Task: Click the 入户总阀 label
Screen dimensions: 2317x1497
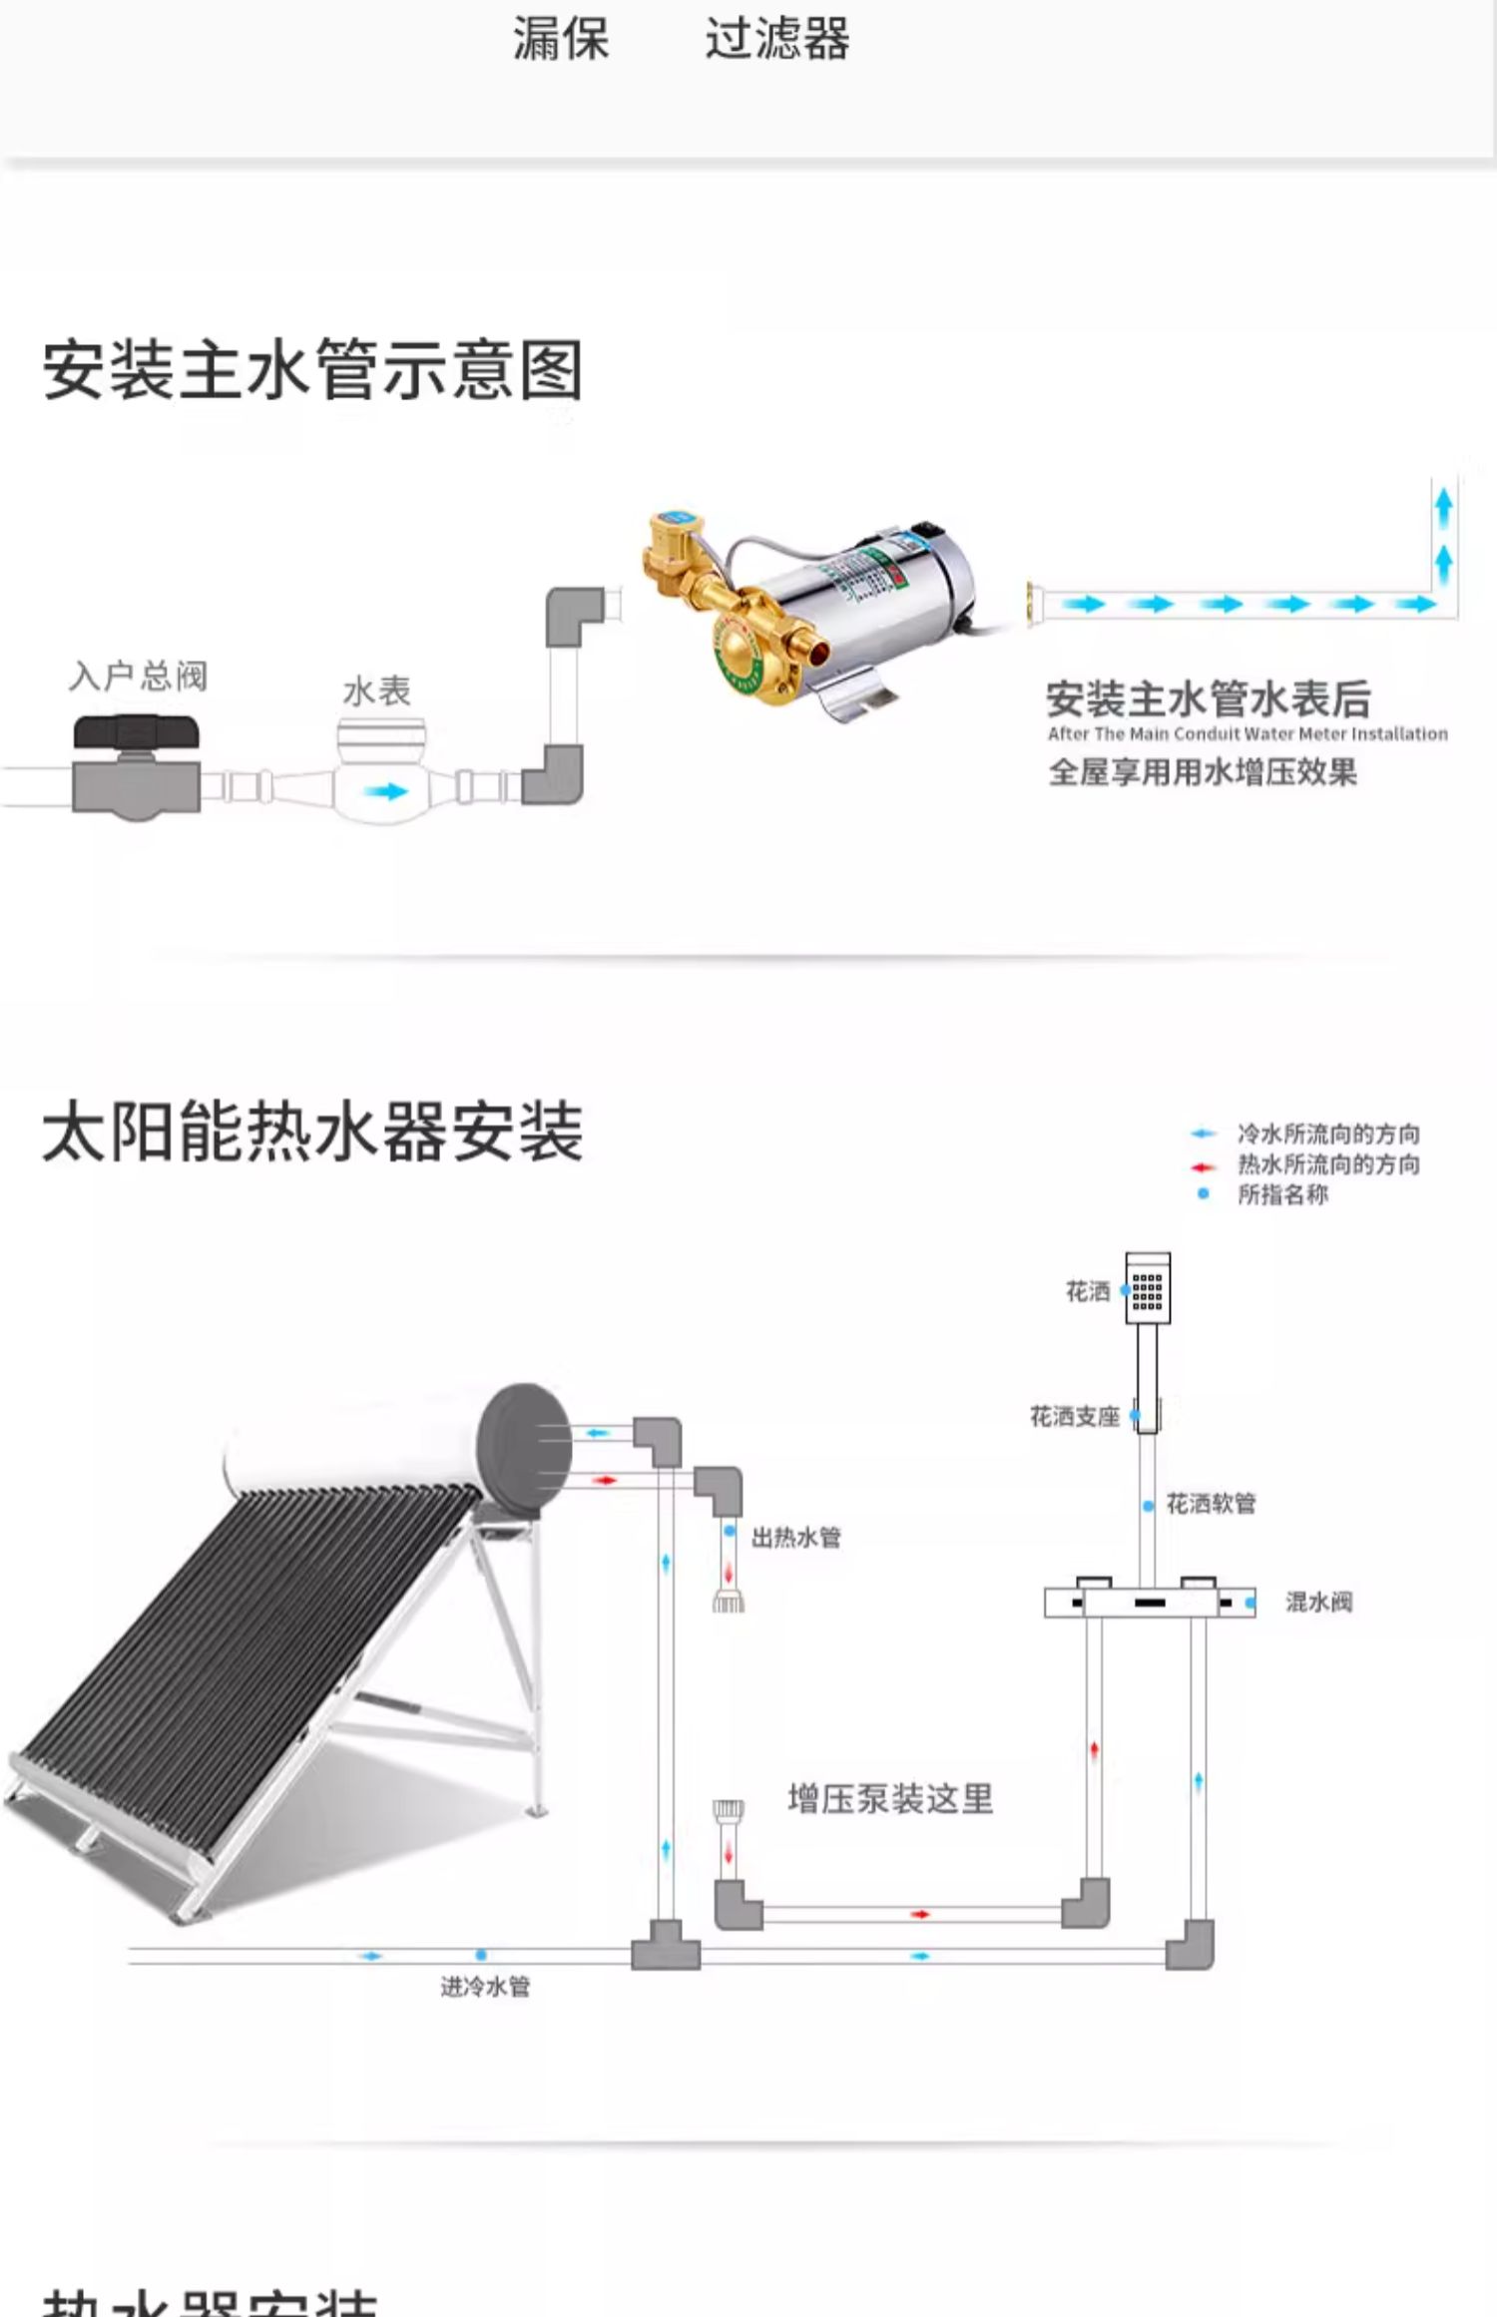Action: click(x=138, y=677)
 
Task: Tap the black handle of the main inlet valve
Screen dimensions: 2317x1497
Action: click(x=137, y=733)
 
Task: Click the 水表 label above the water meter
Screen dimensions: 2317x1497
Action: click(x=376, y=691)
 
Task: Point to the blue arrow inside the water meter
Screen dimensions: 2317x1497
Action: click(x=384, y=791)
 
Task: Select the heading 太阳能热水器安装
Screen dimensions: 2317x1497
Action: click(x=312, y=1132)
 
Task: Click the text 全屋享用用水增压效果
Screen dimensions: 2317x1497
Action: click(x=1202, y=772)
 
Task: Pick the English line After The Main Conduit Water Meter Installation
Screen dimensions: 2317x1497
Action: click(x=1247, y=734)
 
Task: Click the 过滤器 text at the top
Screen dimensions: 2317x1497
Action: click(x=776, y=40)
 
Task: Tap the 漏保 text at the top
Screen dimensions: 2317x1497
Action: click(x=560, y=40)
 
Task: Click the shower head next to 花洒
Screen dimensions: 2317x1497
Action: click(x=1148, y=1288)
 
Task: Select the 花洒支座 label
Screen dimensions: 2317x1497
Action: click(x=1074, y=1417)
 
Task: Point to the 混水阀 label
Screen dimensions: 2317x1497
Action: click(x=1318, y=1603)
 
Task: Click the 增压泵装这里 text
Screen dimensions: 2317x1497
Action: click(x=890, y=1799)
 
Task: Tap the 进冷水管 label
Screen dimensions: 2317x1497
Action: click(x=485, y=1987)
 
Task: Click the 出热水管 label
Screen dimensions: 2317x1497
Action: click(x=795, y=1537)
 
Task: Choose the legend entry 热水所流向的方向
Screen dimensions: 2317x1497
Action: click(x=1327, y=1164)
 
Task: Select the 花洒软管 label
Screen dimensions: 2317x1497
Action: click(x=1211, y=1504)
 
